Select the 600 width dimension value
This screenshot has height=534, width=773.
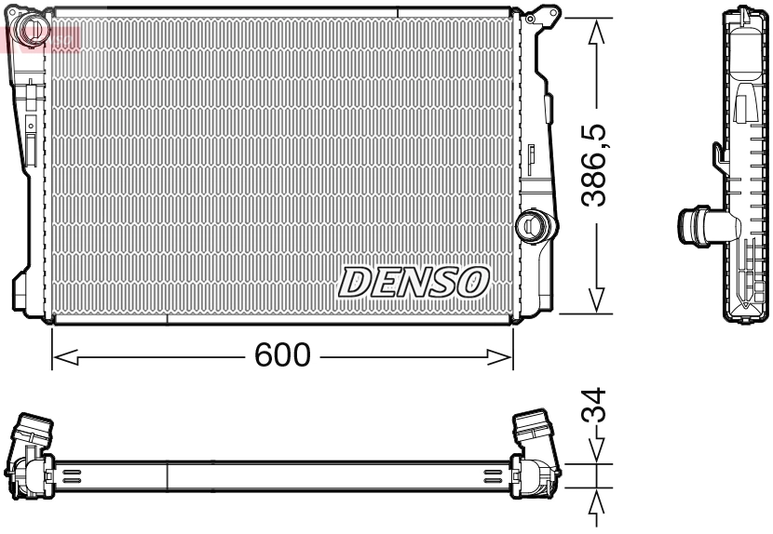[x=281, y=355]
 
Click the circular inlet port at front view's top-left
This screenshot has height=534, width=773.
[x=34, y=29]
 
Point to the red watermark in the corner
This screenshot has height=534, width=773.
[x=42, y=37]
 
